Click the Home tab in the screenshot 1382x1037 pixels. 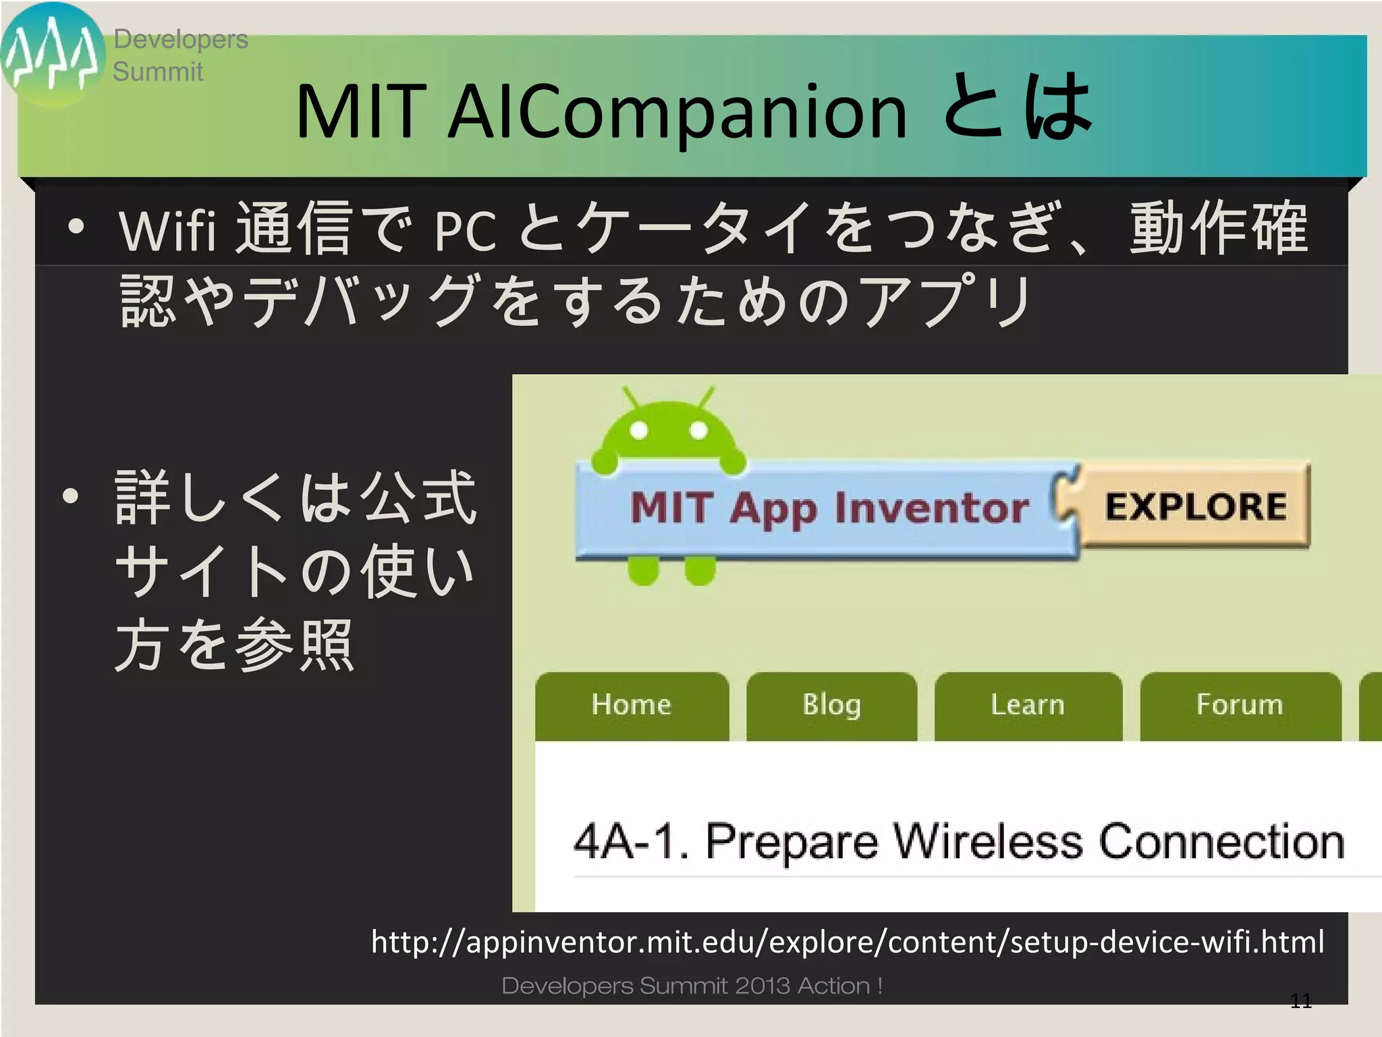[x=632, y=706]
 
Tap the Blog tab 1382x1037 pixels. [x=831, y=706]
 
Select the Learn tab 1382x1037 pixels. [x=1028, y=706]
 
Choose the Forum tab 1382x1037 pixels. [x=1240, y=706]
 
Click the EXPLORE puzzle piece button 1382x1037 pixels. [x=1195, y=506]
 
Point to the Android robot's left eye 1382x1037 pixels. [x=639, y=431]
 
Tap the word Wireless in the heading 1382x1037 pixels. [x=989, y=842]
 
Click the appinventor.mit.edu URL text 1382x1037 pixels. [x=847, y=942]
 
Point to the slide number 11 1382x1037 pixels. [x=1300, y=1001]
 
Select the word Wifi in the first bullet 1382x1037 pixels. [x=167, y=231]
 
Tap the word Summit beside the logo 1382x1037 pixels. [x=157, y=72]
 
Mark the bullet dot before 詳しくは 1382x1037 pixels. [x=71, y=497]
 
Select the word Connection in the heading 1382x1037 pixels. [x=1221, y=842]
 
